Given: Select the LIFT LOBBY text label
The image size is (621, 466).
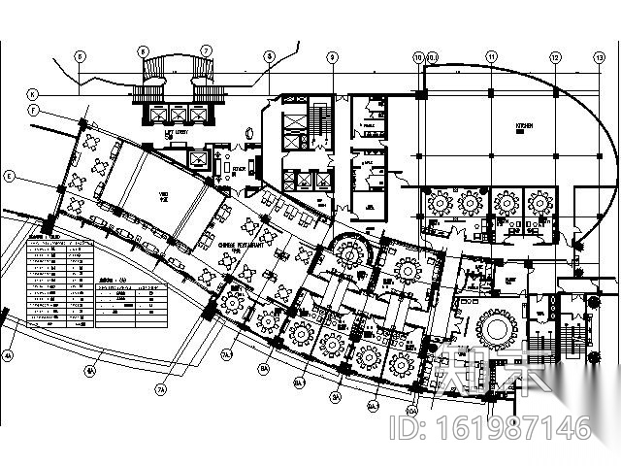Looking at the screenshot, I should point(175,133).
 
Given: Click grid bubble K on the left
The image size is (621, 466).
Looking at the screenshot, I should point(31,94).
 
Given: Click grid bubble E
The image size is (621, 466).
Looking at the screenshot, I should point(8,177).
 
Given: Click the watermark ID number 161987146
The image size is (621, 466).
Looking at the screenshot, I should point(505,428).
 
